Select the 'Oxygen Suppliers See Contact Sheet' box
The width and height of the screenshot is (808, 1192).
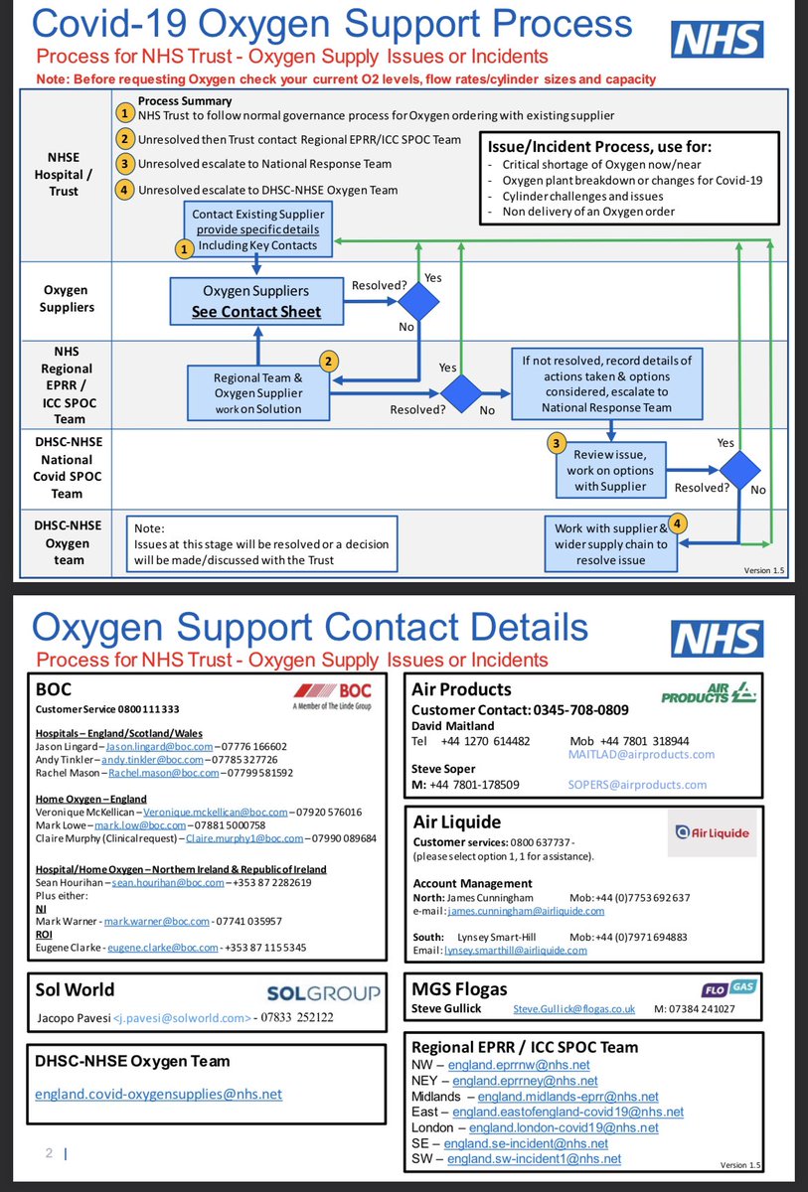tap(256, 301)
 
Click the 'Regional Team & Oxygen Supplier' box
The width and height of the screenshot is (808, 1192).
tap(257, 385)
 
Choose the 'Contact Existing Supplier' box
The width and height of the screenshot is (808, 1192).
tap(256, 229)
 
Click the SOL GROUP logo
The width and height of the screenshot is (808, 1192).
tap(324, 991)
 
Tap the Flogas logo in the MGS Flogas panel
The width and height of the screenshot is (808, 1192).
tap(727, 988)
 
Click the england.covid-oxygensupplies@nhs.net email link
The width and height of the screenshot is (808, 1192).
tap(158, 1094)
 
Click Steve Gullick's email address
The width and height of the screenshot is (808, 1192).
tap(573, 1008)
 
